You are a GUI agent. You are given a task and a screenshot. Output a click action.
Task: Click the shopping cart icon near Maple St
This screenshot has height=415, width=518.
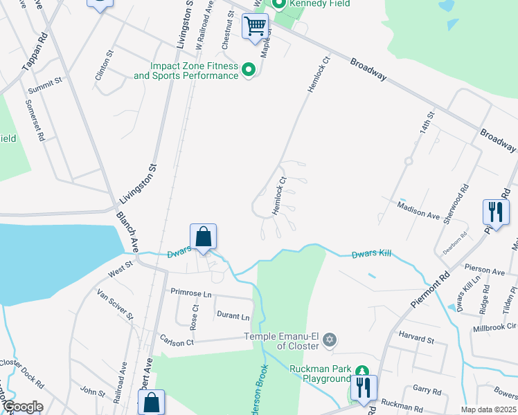pos(255,27)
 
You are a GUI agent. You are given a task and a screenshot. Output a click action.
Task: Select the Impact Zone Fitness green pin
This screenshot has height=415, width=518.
pos(249,70)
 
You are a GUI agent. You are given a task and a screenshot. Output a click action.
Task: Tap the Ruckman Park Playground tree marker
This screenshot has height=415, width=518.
pos(361,375)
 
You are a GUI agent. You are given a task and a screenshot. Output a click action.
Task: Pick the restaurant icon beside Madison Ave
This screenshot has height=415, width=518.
pos(495,211)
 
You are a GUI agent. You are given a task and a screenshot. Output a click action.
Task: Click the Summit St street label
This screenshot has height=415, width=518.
pos(46,86)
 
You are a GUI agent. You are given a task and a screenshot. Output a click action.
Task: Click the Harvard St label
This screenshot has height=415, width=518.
pos(416,340)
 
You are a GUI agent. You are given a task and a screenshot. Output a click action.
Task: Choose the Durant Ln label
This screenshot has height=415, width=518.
pos(233,317)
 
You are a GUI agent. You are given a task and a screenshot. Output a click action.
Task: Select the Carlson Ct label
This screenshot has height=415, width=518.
pos(177,342)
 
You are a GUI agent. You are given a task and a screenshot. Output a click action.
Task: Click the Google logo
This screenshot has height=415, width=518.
pos(22,407)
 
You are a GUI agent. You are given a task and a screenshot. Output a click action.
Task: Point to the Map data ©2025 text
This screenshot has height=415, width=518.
pos(489,409)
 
